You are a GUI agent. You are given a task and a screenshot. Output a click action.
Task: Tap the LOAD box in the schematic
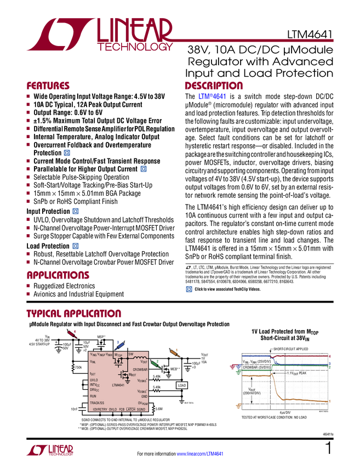(182, 385)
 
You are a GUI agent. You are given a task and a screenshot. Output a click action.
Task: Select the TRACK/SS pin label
(97, 403)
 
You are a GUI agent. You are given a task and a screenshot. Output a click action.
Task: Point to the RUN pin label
(93, 396)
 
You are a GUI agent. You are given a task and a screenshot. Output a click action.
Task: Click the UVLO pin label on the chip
(94, 379)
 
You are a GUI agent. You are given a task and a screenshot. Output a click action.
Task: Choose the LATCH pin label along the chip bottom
(130, 410)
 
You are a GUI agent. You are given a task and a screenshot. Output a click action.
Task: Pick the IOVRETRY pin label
(100, 410)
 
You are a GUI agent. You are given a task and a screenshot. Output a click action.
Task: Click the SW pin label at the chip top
(130, 354)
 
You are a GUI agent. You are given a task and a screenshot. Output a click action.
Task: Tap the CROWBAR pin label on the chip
(140, 370)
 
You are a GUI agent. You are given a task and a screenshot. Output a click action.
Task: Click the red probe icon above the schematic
(72, 332)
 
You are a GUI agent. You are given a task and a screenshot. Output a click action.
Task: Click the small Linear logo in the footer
(49, 450)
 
